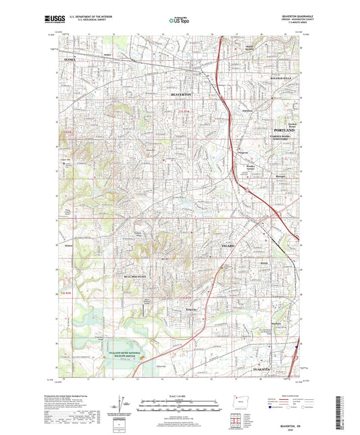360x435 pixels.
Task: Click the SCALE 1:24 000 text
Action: (x=179, y=396)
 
